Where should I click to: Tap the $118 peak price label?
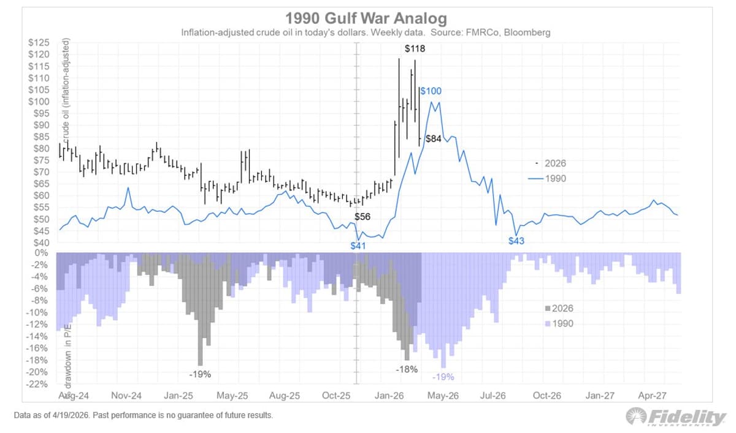[415, 48]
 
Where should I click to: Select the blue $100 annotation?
[431, 91]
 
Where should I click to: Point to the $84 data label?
[433, 139]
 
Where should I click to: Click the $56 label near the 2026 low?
[362, 217]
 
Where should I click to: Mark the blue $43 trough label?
[516, 241]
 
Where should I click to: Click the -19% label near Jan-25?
[200, 373]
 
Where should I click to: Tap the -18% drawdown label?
[406, 369]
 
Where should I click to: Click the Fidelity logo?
[676, 417]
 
